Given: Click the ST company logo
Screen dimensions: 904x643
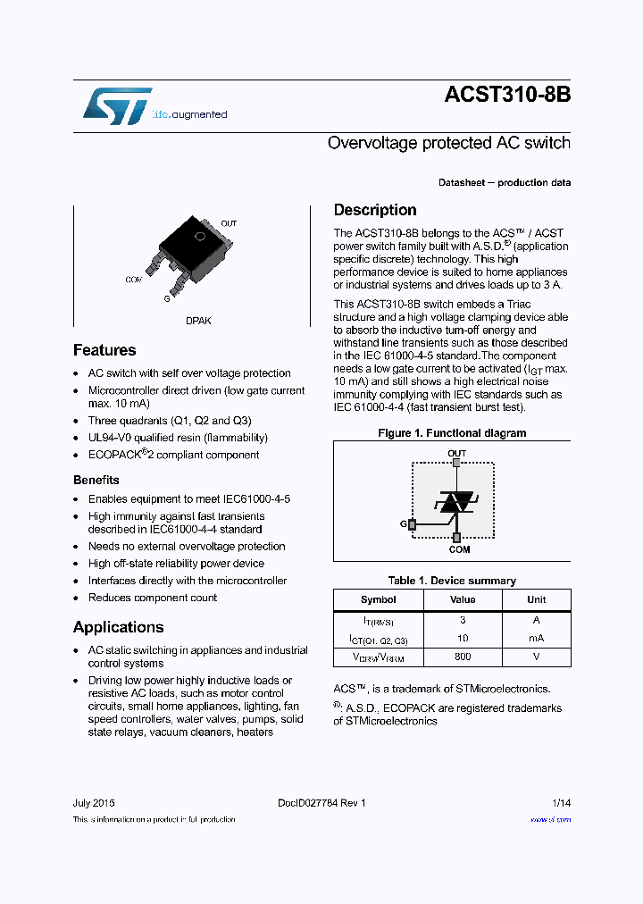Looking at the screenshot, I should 117,107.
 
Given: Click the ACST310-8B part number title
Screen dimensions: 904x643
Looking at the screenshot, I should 506,97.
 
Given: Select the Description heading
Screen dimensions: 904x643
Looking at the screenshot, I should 375,210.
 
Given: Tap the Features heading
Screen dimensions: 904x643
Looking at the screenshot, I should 104,350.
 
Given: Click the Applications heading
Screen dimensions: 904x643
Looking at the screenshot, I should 118,627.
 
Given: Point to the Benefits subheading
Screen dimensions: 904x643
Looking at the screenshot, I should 96,481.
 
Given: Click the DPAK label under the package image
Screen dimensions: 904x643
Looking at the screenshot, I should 198,321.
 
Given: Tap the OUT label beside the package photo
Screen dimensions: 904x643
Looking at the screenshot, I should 229,223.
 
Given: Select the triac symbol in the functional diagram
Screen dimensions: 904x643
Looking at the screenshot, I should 456,502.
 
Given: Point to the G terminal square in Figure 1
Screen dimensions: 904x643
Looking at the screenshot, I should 412,524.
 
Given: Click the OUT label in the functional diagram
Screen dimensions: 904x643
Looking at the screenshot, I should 456,453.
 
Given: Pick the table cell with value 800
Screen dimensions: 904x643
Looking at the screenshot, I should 463,656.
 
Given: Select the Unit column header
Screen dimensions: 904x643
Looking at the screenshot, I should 536,599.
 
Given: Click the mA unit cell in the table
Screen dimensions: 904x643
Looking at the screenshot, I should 536,639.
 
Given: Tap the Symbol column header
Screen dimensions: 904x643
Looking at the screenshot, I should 378,599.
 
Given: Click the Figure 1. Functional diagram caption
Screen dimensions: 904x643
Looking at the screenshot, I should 452,433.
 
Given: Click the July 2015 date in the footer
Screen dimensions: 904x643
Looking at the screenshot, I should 94,803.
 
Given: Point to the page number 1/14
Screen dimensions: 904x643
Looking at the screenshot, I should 561,803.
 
